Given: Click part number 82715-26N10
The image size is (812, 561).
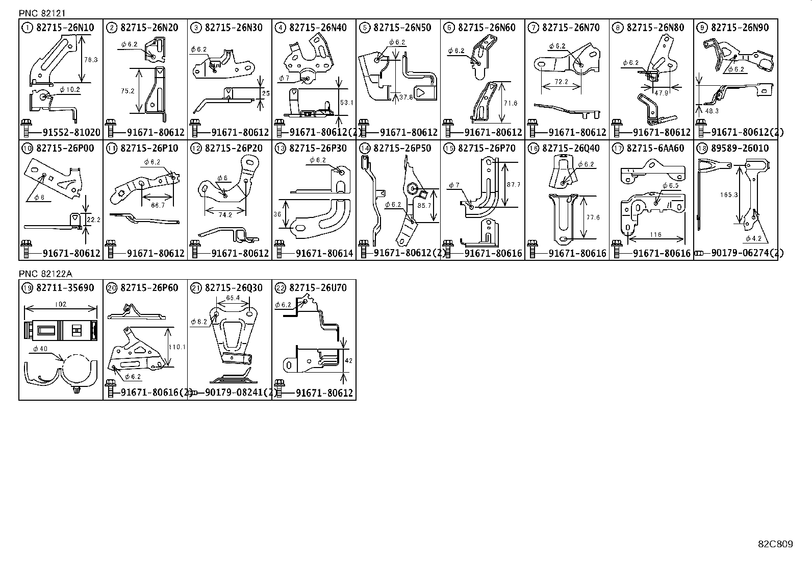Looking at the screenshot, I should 65,28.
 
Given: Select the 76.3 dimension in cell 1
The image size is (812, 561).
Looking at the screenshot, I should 91,60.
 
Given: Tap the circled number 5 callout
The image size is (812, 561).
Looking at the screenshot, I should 364,28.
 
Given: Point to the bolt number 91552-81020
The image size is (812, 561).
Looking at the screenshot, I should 71,132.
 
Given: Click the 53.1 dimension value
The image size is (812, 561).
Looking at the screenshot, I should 346,103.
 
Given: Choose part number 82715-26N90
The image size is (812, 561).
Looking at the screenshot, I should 740,28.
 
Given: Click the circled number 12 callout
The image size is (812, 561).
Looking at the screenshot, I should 195,149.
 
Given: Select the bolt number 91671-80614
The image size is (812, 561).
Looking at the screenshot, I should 324,253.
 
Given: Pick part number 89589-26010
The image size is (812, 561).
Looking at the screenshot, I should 740,149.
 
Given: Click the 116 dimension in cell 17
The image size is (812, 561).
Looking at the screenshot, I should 655,234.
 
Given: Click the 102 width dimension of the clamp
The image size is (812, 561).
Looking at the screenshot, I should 60,305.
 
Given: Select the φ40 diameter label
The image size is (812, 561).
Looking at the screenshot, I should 40,349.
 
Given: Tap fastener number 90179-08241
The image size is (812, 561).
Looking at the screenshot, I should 239,393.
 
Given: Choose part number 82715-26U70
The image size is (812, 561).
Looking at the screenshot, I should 318,288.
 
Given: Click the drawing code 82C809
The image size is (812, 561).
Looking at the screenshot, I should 775,544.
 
